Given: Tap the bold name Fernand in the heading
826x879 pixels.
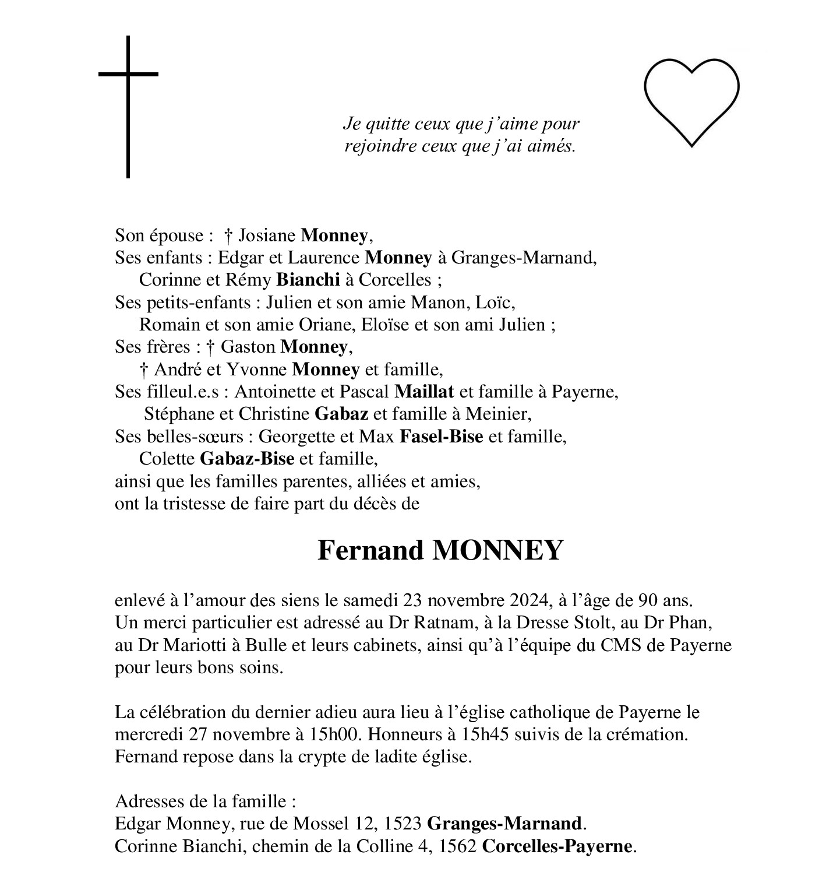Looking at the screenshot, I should point(370,550).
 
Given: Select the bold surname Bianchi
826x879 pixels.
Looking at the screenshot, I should point(308,280).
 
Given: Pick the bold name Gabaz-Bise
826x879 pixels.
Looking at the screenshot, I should point(247,459).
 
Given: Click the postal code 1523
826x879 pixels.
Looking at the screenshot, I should point(403,824).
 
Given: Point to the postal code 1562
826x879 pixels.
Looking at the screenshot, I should point(458,846).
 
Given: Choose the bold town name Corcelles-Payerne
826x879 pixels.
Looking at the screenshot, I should point(557,846).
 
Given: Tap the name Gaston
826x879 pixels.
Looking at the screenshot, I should point(248,347).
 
